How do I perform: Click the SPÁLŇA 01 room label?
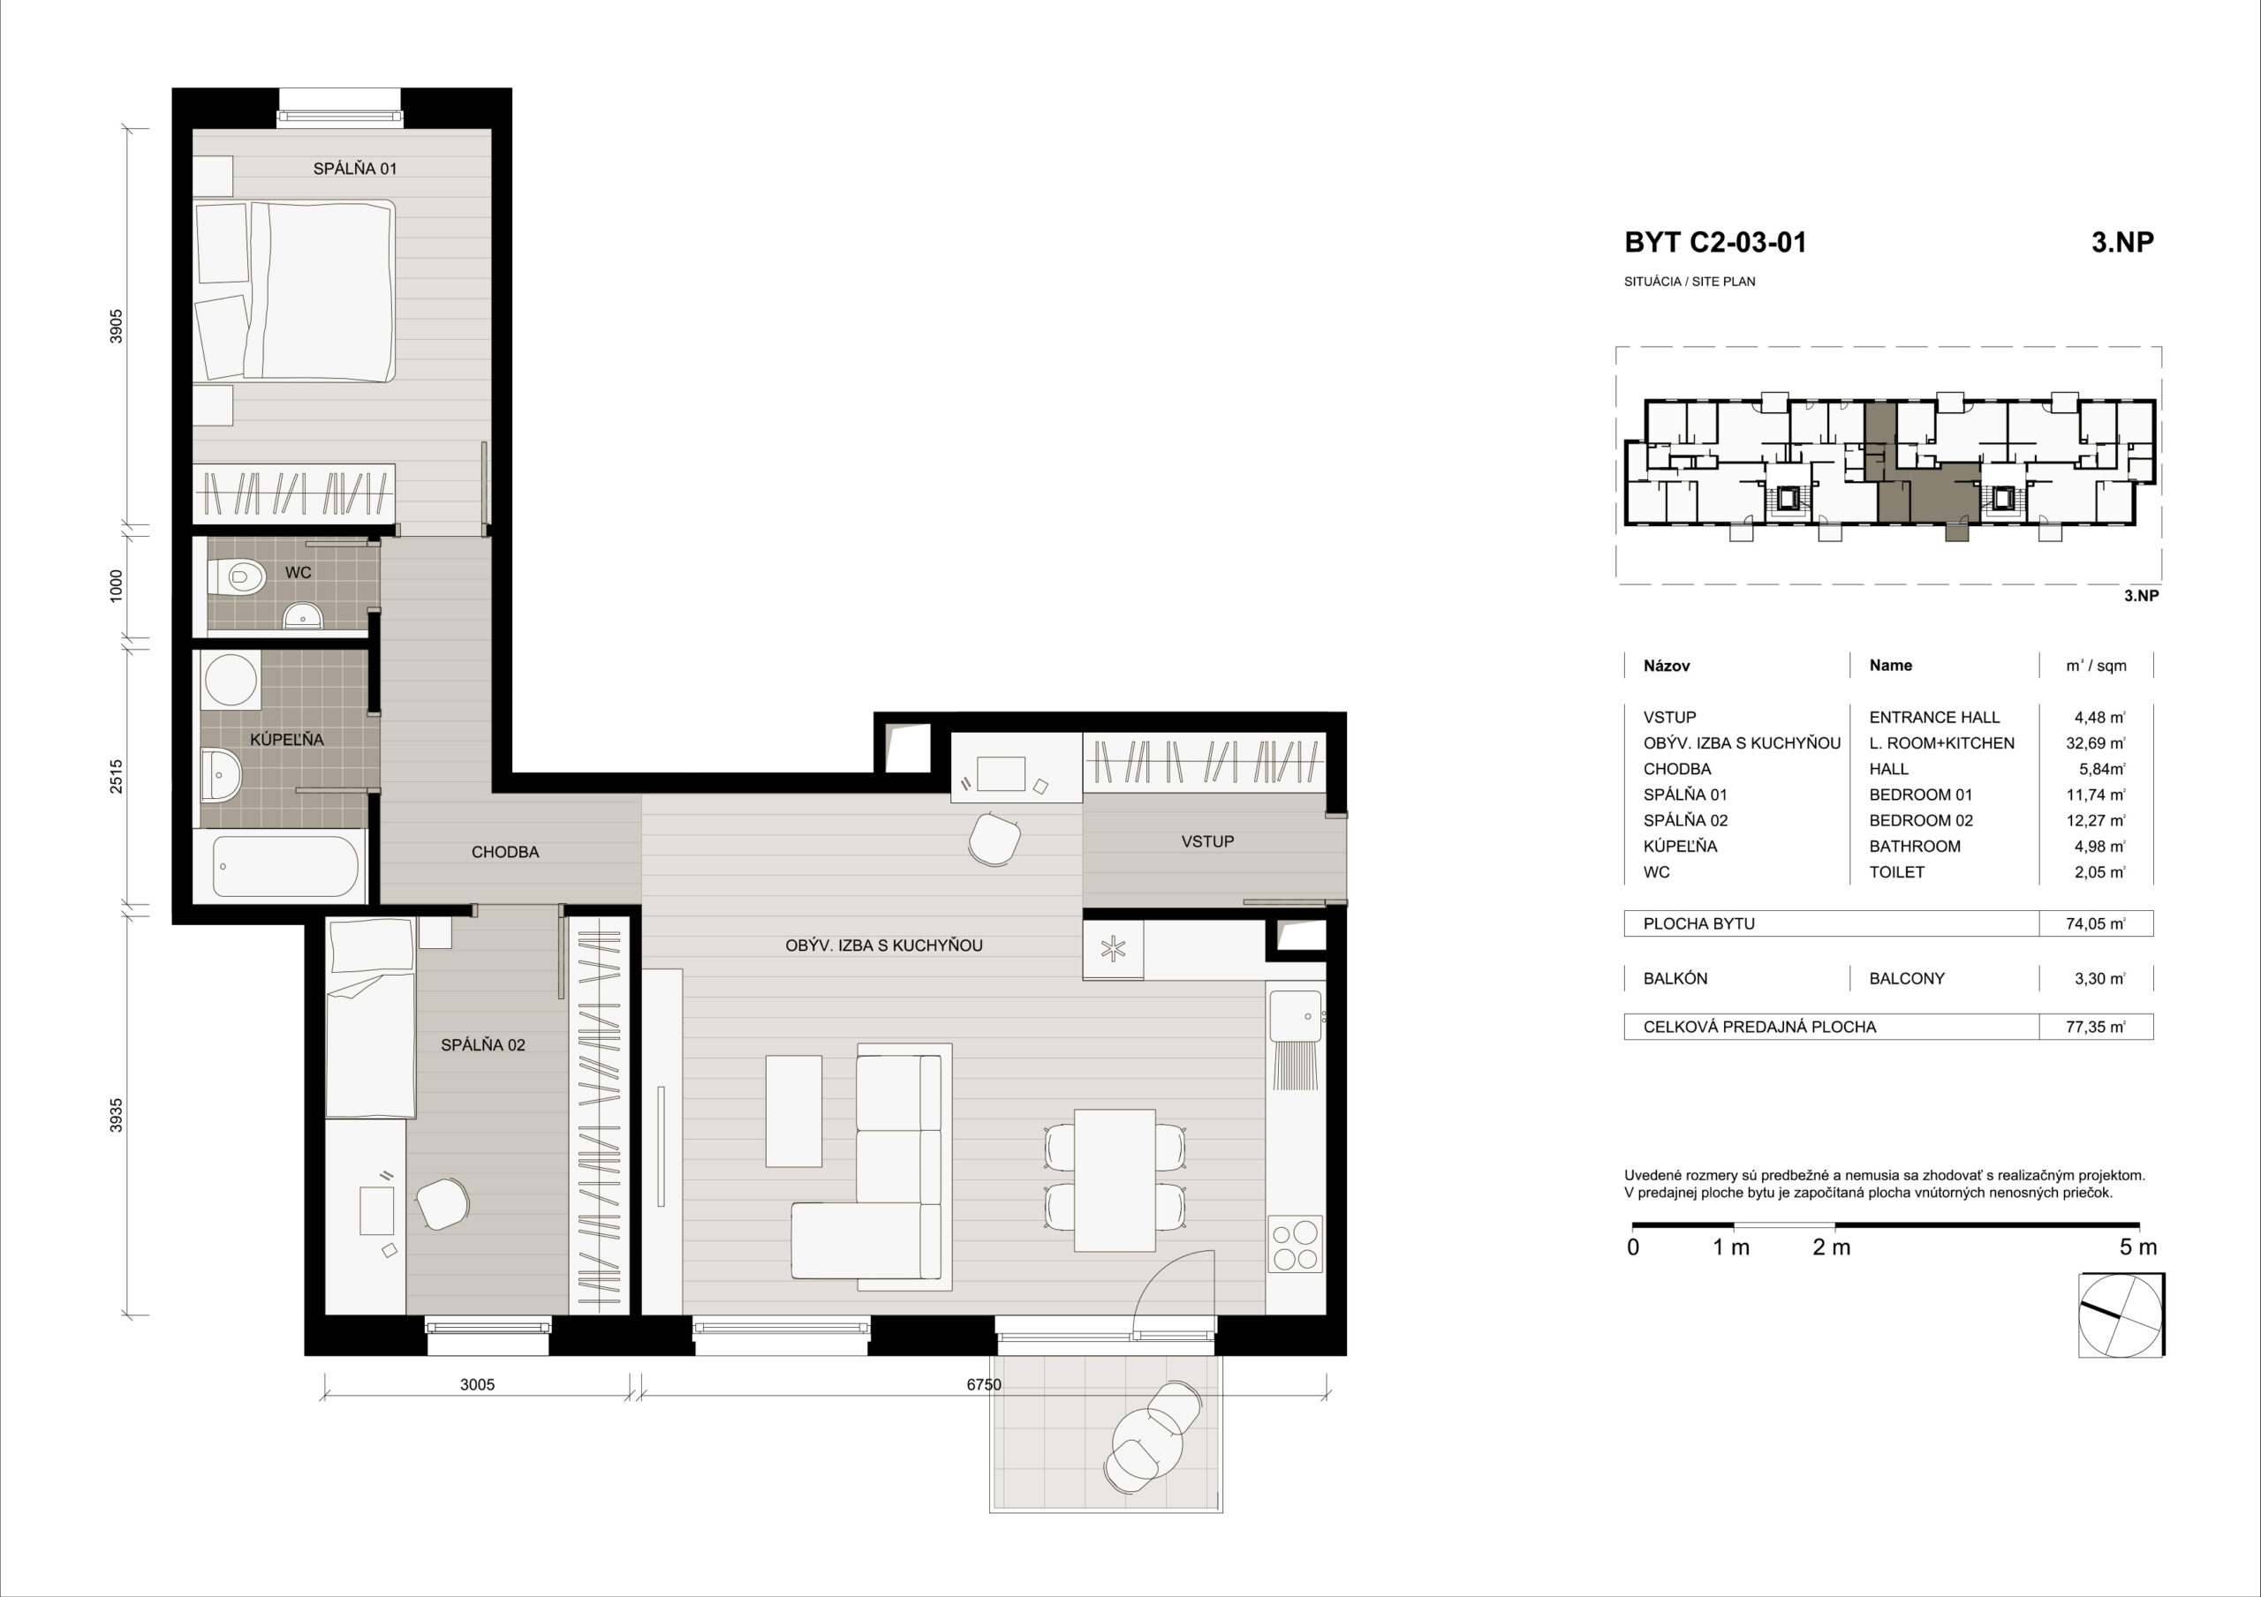(354, 169)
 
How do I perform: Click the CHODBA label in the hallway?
(505, 852)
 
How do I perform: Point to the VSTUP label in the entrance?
(1207, 840)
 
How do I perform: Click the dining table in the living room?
(1115, 1179)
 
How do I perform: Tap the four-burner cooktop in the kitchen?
(1295, 1245)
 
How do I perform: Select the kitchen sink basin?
(1295, 1016)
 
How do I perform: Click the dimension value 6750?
(984, 1384)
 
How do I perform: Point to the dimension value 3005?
(477, 1384)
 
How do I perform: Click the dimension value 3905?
(117, 326)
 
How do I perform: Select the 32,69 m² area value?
(2096, 743)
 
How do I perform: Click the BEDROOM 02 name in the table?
(1921, 820)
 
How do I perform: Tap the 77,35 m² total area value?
(2096, 1027)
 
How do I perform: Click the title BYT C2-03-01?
(1715, 242)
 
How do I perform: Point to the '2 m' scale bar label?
(1832, 1247)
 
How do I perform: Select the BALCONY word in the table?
(1907, 979)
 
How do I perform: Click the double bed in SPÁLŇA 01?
(295, 290)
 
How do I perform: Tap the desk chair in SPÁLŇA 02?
(442, 1203)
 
